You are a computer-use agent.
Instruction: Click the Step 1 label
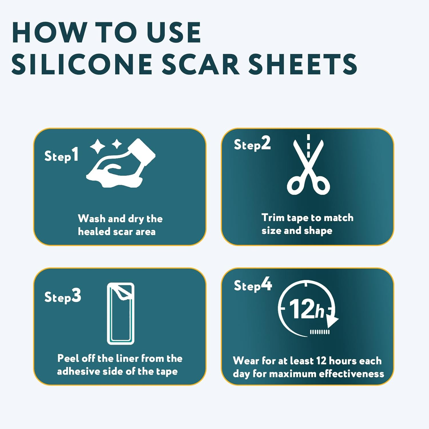[x=61, y=156]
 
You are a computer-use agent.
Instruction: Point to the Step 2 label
[x=252, y=144]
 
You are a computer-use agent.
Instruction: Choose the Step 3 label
[x=63, y=297]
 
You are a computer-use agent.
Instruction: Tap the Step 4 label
[x=253, y=285]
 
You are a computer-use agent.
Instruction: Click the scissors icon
[x=308, y=169]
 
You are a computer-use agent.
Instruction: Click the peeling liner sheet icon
[x=121, y=313]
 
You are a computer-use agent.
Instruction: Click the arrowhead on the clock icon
[x=332, y=321]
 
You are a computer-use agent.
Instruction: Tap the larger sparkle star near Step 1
[x=98, y=146]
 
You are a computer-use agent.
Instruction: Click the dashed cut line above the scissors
[x=308, y=146]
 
